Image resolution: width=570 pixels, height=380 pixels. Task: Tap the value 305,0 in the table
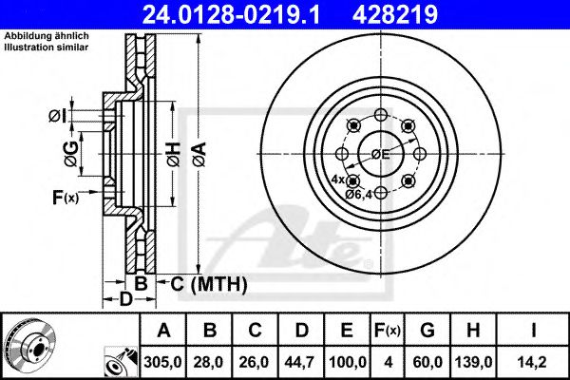(x=164, y=362)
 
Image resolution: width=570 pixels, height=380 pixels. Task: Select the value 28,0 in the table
(x=209, y=362)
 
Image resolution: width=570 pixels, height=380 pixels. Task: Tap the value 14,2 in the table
(x=536, y=362)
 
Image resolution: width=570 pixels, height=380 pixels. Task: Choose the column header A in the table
(x=164, y=332)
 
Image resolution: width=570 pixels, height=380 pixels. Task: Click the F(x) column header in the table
(x=389, y=332)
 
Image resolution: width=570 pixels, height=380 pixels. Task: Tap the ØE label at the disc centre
(x=380, y=154)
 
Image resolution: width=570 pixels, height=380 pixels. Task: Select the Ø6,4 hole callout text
(x=358, y=194)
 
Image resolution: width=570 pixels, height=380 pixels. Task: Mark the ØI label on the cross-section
(x=58, y=117)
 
